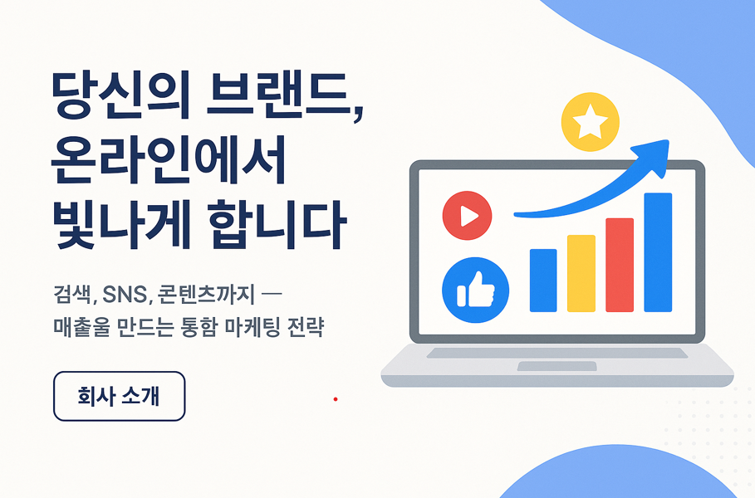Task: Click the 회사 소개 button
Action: point(119,396)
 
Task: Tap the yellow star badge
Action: point(591,122)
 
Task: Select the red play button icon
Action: point(467,216)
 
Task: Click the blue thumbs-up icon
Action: point(475,290)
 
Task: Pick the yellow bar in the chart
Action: point(581,273)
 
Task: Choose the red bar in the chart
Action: point(620,265)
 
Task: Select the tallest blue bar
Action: point(658,252)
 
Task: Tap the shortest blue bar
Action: point(543,281)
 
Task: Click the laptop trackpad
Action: point(557,366)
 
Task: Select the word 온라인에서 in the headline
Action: point(169,159)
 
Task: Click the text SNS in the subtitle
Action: point(125,295)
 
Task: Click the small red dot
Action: point(336,399)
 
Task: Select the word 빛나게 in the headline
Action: point(122,225)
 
